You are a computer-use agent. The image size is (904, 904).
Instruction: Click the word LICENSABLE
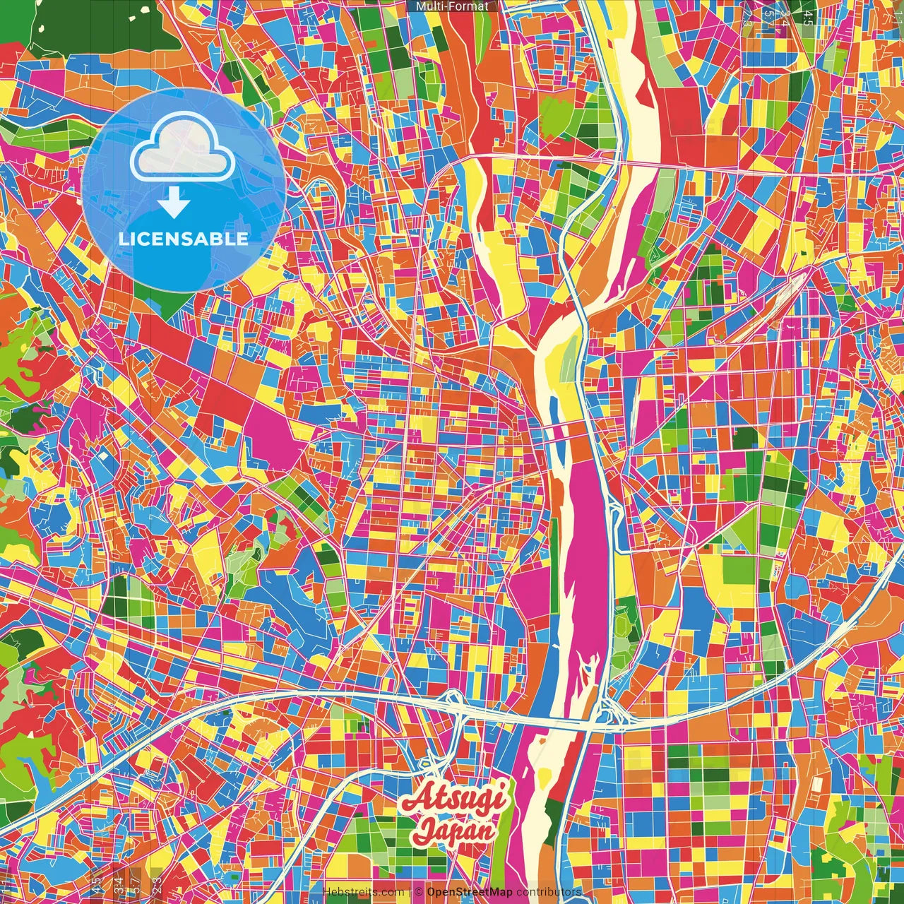pyautogui.click(x=184, y=239)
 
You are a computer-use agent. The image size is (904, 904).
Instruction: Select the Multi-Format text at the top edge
pyautogui.click(x=452, y=6)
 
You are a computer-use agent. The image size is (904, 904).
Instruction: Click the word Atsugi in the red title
pyautogui.click(x=453, y=799)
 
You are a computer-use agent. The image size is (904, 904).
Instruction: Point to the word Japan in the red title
pyautogui.click(x=454, y=831)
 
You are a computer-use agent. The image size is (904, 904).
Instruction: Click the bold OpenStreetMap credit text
pyautogui.click(x=470, y=892)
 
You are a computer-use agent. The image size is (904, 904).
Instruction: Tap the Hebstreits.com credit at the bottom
pyautogui.click(x=364, y=892)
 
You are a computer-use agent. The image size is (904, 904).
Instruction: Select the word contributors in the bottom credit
pyautogui.click(x=549, y=892)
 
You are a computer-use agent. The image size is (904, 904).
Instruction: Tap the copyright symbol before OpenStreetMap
pyautogui.click(x=419, y=892)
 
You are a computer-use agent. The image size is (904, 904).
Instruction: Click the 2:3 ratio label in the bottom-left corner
pyautogui.click(x=157, y=883)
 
